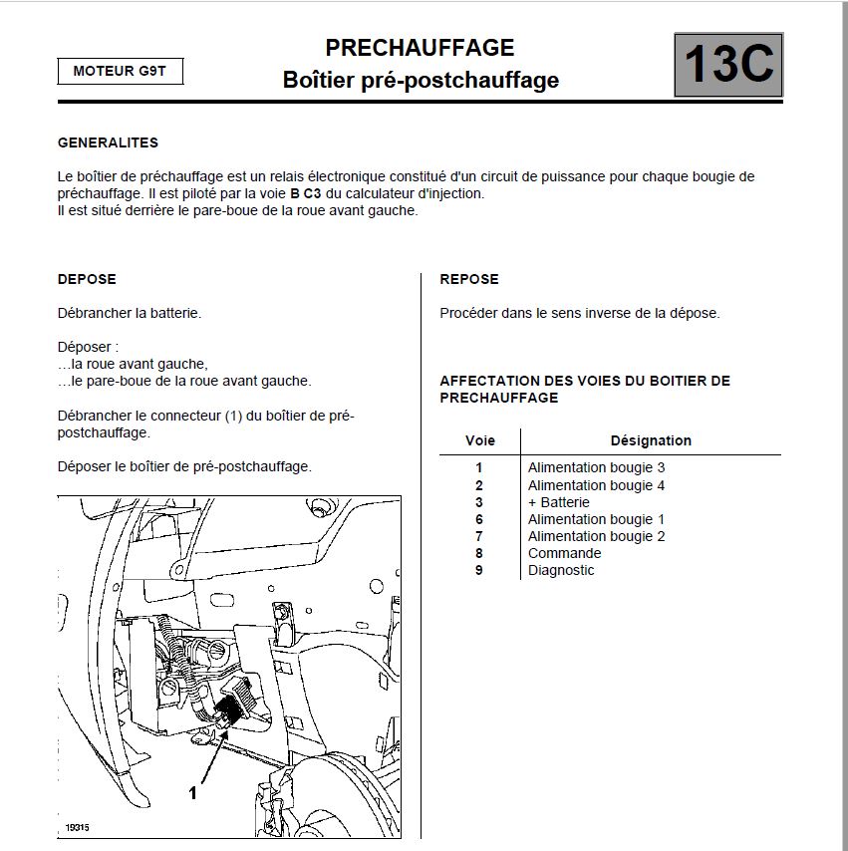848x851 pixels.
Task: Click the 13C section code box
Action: [x=728, y=66]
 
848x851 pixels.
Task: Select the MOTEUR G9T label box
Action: [x=120, y=71]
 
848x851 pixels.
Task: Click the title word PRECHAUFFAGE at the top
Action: [x=420, y=48]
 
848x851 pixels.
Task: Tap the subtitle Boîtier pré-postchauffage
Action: [x=421, y=80]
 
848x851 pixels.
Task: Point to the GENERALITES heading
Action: [x=108, y=142]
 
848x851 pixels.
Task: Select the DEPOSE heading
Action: [x=87, y=279]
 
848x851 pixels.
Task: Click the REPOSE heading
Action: [x=469, y=279]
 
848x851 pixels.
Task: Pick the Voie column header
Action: [x=479, y=440]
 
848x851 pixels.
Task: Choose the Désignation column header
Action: [x=651, y=440]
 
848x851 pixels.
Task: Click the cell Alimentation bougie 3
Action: [x=596, y=467]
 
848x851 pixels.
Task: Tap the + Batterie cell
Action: [x=558, y=502]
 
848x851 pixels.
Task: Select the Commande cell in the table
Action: [x=564, y=553]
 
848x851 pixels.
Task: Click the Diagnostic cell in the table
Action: [x=561, y=570]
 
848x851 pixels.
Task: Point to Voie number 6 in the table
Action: [x=479, y=519]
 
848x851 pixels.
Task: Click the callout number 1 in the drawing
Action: [x=193, y=793]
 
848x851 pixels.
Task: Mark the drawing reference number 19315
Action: [x=77, y=827]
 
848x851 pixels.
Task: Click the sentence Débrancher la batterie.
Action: [x=130, y=313]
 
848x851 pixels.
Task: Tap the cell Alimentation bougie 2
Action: [x=596, y=536]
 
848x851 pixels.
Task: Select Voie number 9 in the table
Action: [x=479, y=570]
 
